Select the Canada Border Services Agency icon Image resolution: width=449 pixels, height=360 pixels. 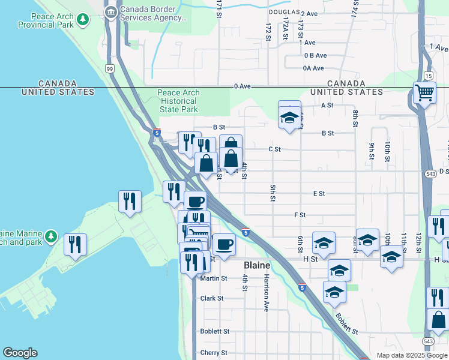coord(110,11)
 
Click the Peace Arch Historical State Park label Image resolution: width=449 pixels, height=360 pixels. coord(178,101)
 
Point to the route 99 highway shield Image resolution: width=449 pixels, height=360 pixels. coord(110,69)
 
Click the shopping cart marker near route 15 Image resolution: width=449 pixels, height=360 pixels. coord(424,94)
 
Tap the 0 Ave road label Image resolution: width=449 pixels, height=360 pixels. coord(242,86)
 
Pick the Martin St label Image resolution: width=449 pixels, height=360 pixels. coord(214,278)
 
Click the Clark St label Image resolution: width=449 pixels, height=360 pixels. coord(212,298)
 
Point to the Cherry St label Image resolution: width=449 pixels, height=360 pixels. coord(214,353)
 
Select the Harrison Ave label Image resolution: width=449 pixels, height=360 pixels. coord(266,293)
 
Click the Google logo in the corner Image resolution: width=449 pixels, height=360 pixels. coord(20,353)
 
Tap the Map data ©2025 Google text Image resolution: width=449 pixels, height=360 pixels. coord(411,355)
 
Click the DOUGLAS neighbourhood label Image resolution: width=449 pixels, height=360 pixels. coord(283,12)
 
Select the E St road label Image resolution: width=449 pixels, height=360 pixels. coord(319,194)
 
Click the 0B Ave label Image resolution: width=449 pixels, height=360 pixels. coord(314,55)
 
